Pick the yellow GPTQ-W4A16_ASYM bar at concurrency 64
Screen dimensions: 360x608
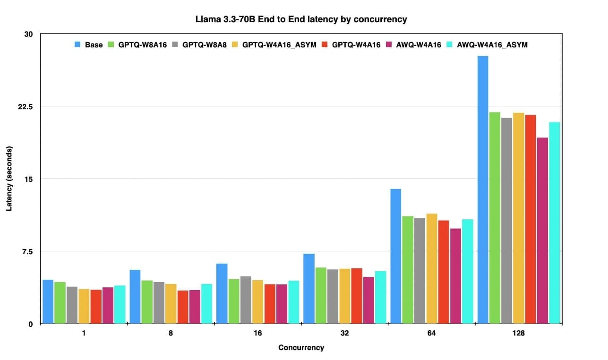click(x=431, y=269)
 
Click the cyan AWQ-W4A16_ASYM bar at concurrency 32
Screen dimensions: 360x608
click(x=380, y=297)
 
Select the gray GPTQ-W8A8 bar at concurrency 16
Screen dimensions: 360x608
click(x=246, y=300)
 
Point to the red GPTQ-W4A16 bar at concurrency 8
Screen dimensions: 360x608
click(x=182, y=307)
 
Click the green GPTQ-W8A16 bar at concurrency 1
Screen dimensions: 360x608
click(x=60, y=303)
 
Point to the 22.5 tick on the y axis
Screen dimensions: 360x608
click(x=25, y=106)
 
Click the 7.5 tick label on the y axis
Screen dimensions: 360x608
click(x=27, y=251)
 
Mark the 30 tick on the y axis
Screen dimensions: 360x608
click(x=29, y=34)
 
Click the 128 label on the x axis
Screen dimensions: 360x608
click(x=518, y=333)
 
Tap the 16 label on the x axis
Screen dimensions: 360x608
click(x=257, y=333)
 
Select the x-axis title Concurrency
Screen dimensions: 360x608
click(x=301, y=348)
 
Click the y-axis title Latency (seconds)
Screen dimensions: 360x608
click(x=9, y=179)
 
